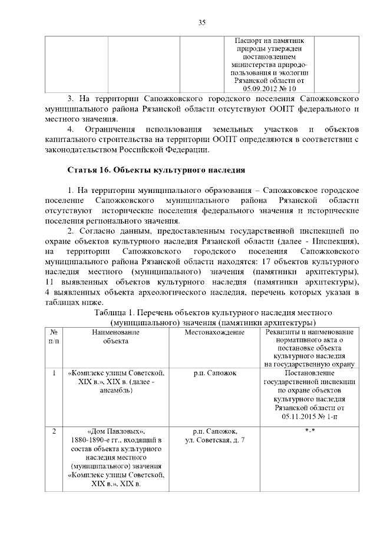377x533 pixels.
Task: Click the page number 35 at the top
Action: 201,23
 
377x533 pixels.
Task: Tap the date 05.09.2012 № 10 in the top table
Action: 270,87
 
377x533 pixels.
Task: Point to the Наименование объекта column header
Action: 115,337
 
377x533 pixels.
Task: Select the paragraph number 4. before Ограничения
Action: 71,128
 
